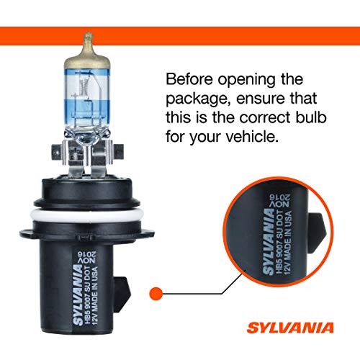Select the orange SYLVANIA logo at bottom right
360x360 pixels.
tap(307, 333)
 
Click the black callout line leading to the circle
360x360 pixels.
tap(209, 292)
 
